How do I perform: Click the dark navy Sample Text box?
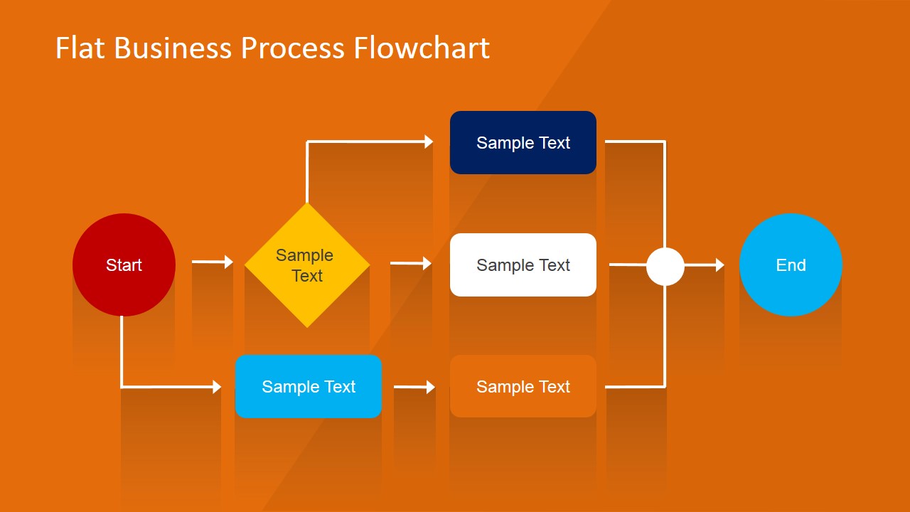tap(523, 142)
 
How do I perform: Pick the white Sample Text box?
tap(523, 265)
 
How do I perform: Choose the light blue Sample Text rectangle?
tap(309, 386)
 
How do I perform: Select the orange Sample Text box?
tap(523, 386)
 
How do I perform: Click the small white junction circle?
tap(665, 266)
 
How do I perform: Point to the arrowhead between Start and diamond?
tap(229, 262)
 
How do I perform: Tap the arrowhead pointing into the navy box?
tap(429, 142)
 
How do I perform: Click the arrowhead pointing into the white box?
tap(427, 263)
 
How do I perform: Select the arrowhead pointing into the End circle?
tap(719, 265)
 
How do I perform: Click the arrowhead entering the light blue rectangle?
tap(217, 387)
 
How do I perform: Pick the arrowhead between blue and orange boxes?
tap(430, 387)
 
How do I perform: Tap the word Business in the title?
tap(173, 48)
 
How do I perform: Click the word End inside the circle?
tap(791, 265)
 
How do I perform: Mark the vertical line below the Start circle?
tap(122, 352)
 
